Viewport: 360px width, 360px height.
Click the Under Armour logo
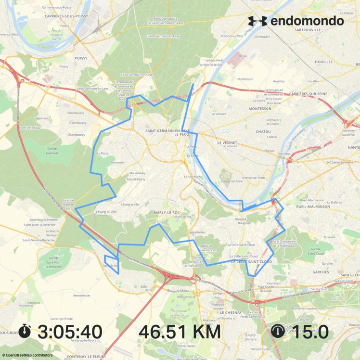click(257, 21)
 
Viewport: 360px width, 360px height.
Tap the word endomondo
click(307, 21)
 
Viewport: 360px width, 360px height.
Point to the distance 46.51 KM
click(180, 332)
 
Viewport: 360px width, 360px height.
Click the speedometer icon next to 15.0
click(278, 331)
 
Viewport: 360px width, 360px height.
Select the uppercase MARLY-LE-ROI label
click(166, 212)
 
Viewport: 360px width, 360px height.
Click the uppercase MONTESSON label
click(259, 109)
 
